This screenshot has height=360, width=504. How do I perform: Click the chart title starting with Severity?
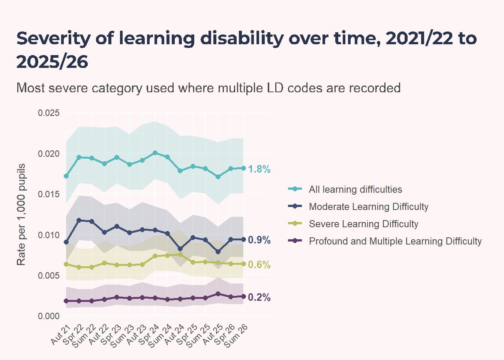coord(247,50)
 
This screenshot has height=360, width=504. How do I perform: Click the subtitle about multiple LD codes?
coord(208,88)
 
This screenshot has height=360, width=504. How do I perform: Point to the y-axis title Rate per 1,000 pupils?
coord(21,214)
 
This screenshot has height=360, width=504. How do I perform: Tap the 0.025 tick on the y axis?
coord(49,113)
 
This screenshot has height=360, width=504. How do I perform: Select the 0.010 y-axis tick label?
coord(49,235)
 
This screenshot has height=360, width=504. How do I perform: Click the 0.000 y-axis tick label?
coord(49,316)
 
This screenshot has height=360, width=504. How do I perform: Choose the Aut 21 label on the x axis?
coord(60,334)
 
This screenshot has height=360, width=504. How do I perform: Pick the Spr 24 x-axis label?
coord(149,334)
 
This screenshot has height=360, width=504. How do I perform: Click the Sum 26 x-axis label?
coord(236,336)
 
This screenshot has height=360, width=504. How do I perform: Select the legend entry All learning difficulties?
coord(345,189)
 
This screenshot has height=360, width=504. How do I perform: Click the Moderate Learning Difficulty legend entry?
coord(358,207)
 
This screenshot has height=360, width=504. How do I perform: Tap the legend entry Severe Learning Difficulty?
coord(353,224)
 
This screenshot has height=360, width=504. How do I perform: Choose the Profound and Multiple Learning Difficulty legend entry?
coord(385,241)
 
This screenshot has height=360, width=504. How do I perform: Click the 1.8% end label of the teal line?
coord(259,169)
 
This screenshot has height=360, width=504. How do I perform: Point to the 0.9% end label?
coord(259,240)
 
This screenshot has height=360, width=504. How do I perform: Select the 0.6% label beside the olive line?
coord(259,265)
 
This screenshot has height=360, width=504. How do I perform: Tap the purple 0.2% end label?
coord(259,297)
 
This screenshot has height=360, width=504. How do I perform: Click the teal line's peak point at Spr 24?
coord(155,153)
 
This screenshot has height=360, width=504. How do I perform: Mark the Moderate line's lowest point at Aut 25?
coord(218,252)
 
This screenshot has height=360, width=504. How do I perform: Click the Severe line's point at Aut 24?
coord(180,255)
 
